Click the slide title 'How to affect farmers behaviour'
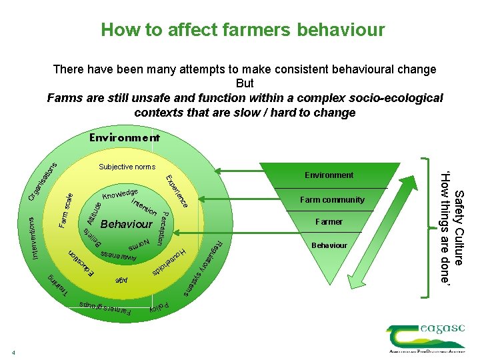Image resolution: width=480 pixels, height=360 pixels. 243,30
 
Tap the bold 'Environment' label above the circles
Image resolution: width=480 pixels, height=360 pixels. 125,138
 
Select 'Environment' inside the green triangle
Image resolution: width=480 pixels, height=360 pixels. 329,175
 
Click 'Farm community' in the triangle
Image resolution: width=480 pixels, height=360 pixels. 332,199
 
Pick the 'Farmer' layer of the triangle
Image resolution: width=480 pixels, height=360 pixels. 329,222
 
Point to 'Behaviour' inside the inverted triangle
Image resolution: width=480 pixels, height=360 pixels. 329,245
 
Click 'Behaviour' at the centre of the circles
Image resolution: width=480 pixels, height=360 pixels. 126,224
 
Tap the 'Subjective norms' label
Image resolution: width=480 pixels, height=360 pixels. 127,167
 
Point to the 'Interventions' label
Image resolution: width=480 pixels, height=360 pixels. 34,237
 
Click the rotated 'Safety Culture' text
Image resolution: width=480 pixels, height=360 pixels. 459,227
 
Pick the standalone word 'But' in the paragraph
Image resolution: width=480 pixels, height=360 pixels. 245,83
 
